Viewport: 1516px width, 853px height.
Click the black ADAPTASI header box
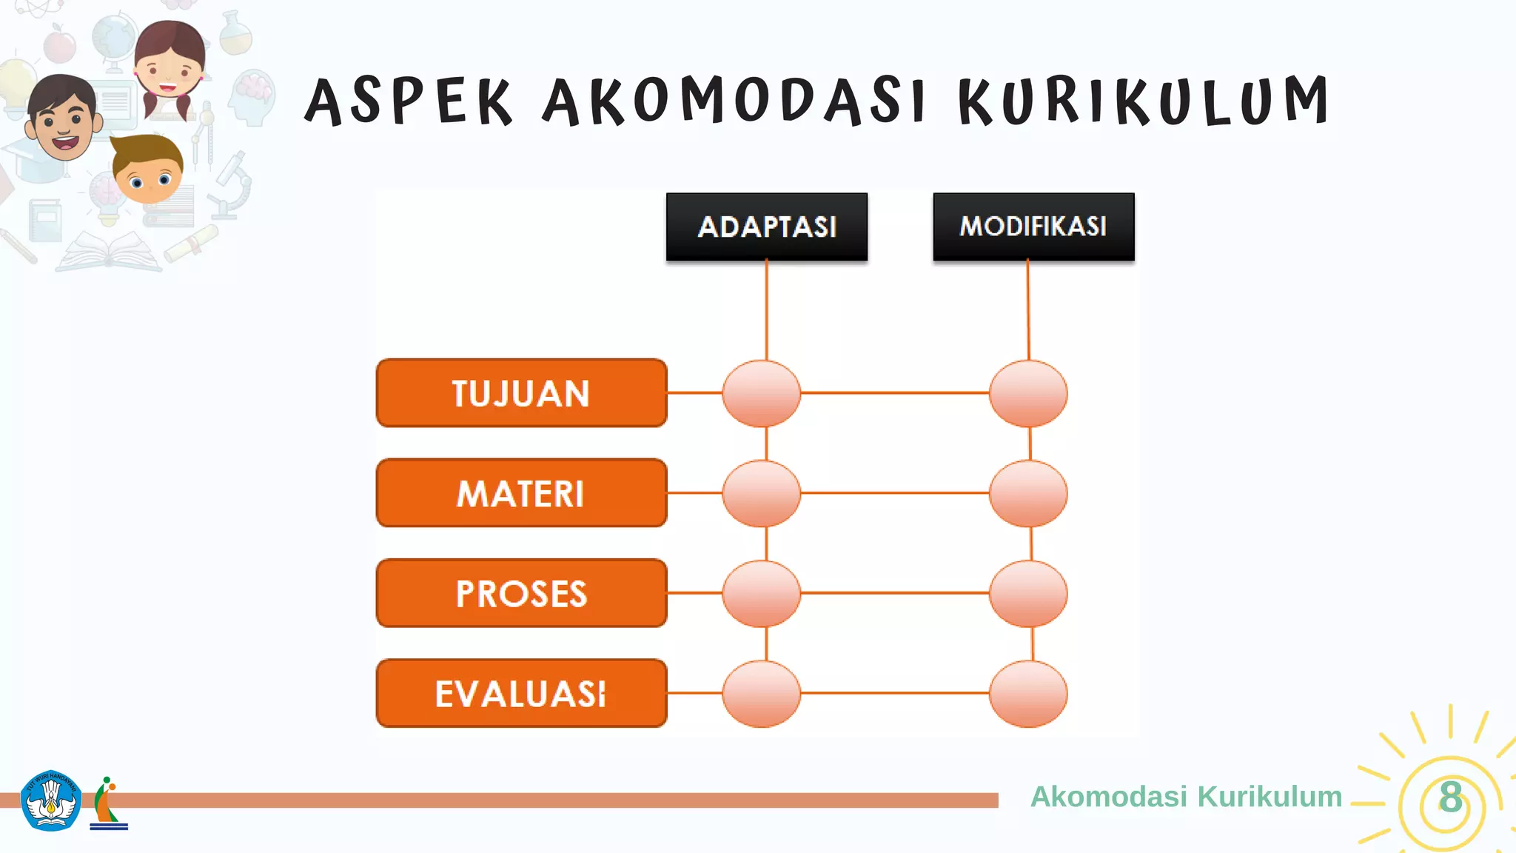(x=767, y=227)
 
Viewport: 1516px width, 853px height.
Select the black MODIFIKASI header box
(x=1033, y=227)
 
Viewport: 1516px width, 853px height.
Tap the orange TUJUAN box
(x=521, y=393)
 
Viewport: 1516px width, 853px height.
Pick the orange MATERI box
(x=521, y=493)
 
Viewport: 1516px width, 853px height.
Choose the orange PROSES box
(x=521, y=593)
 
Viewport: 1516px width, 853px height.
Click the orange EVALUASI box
(x=521, y=693)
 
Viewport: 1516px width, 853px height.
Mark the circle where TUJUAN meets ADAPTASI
(x=762, y=393)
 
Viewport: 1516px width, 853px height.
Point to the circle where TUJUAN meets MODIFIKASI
(x=1028, y=393)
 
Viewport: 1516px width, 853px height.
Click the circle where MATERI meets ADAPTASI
(x=762, y=493)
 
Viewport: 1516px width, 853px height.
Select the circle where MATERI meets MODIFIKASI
(x=1028, y=493)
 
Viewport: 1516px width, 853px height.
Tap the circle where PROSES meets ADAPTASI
(x=762, y=593)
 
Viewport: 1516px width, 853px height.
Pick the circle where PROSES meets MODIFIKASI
(x=1028, y=593)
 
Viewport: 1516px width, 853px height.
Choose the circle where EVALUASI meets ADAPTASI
(x=762, y=694)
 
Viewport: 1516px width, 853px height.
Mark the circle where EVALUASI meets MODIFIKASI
(x=1028, y=694)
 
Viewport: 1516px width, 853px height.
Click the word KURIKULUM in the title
(x=1144, y=101)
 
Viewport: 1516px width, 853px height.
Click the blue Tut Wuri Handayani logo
(x=50, y=800)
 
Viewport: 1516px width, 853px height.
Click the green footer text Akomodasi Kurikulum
(x=1186, y=797)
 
